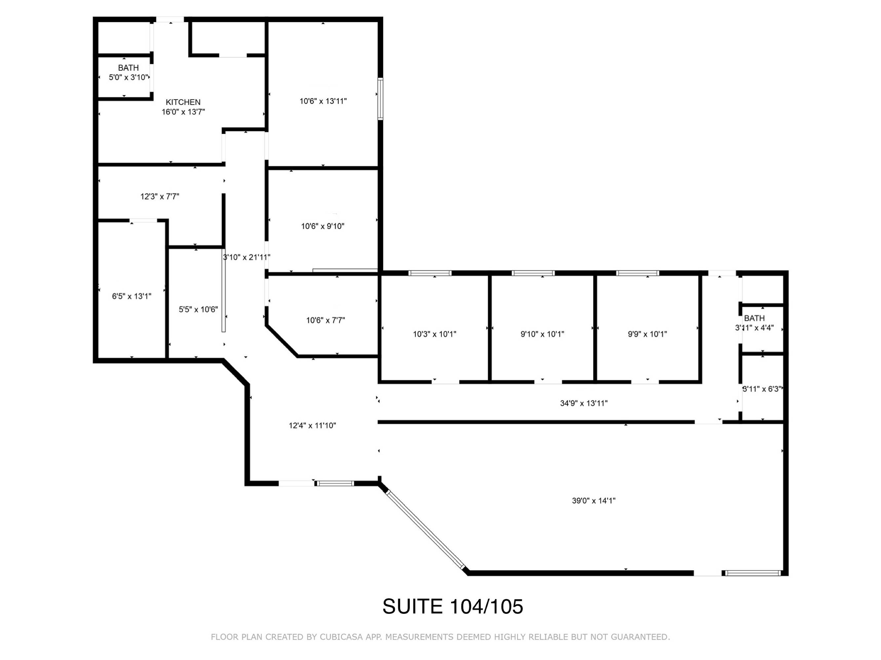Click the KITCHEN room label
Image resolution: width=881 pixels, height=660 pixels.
click(x=183, y=102)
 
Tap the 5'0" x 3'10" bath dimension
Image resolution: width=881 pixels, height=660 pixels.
click(x=129, y=77)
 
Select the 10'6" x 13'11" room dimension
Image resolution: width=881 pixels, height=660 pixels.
click(x=323, y=101)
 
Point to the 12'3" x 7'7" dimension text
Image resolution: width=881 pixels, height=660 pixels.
click(x=160, y=196)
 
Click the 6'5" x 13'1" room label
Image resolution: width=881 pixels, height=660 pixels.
click(x=132, y=296)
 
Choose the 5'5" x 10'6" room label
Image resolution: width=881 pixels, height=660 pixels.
click(x=198, y=309)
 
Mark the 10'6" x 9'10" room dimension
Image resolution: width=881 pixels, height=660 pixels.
click(x=323, y=226)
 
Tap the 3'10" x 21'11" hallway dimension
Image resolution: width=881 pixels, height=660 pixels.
click(x=247, y=257)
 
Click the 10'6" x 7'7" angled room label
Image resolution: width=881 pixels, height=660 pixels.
click(x=326, y=320)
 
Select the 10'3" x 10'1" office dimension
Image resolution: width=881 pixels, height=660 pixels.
click(x=435, y=334)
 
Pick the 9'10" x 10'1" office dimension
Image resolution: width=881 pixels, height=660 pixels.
click(x=543, y=334)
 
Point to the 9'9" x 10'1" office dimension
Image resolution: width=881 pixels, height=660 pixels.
click(x=647, y=334)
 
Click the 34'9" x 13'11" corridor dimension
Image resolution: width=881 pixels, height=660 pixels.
click(x=584, y=403)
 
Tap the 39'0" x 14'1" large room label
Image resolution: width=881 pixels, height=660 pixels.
click(x=594, y=501)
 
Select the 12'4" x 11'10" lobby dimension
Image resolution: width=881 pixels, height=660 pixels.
click(x=312, y=426)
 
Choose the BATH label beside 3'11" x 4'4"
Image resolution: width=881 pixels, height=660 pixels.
click(x=754, y=318)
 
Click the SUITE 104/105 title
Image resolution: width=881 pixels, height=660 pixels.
click(x=453, y=606)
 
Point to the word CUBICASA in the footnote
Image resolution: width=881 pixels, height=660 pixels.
click(x=341, y=637)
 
